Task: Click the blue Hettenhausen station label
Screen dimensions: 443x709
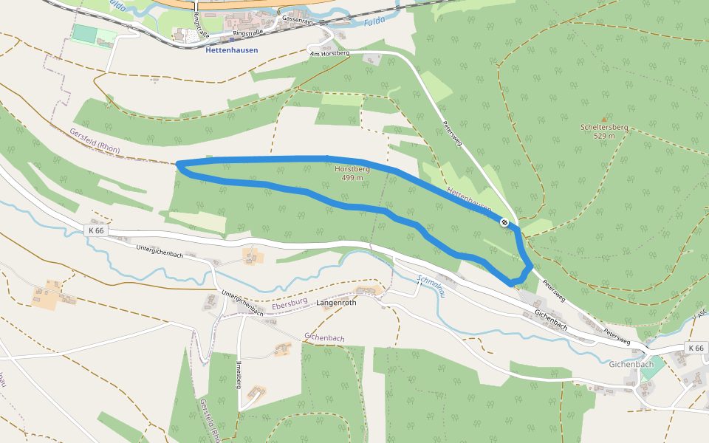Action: [x=231, y=50]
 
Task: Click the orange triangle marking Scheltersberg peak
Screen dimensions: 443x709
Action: [x=604, y=119]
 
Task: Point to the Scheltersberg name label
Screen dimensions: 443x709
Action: [x=604, y=127]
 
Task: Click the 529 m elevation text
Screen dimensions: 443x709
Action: [x=604, y=136]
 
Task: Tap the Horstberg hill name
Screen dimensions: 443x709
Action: [x=352, y=169]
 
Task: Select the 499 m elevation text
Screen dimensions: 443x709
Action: [x=352, y=178]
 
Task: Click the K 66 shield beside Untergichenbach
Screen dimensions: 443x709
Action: [x=96, y=230]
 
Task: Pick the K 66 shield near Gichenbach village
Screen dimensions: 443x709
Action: [x=696, y=348]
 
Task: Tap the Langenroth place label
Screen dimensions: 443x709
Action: [x=336, y=303]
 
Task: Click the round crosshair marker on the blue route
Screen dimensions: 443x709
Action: [x=504, y=222]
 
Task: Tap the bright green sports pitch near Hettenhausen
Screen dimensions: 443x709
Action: [x=85, y=34]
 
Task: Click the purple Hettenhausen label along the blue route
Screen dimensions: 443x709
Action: [x=469, y=201]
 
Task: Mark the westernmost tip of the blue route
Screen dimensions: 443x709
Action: [x=179, y=165]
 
